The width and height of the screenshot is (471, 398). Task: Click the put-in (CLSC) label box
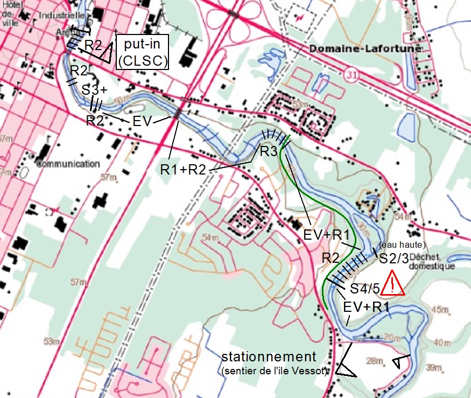tap(143, 52)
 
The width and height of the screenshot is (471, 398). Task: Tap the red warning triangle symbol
tap(393, 284)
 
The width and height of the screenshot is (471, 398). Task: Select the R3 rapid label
tap(269, 151)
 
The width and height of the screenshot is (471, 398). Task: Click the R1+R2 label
tap(183, 169)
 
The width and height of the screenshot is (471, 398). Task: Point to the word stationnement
tap(269, 357)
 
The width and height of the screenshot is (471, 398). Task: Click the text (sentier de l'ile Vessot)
tap(274, 371)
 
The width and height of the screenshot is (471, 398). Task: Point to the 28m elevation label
tap(373, 360)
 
